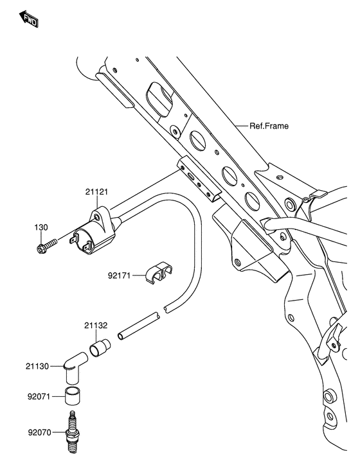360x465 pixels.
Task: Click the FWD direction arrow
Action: (29, 19)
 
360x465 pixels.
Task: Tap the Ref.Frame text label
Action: (269, 126)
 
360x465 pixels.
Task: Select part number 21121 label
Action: (96, 192)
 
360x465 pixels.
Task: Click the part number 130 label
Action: (41, 227)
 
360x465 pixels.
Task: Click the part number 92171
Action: (119, 276)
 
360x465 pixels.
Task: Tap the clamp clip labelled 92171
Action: (159, 272)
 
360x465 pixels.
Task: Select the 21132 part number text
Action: (96, 326)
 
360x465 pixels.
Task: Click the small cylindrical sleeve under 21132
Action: (100, 349)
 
